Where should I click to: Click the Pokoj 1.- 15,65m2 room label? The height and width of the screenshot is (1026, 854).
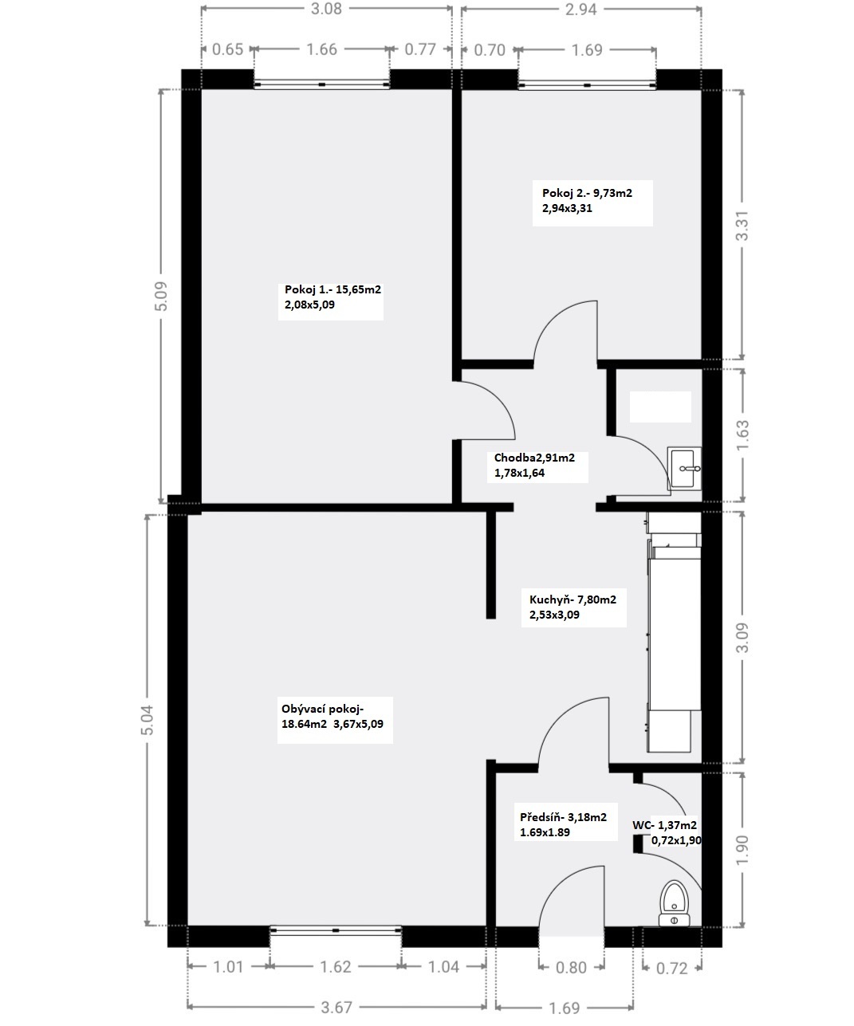click(x=333, y=289)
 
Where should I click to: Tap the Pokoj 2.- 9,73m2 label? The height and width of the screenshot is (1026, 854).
click(x=587, y=193)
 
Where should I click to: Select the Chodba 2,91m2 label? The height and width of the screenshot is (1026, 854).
click(x=534, y=458)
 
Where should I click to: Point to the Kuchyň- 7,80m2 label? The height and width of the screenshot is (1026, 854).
click(x=573, y=599)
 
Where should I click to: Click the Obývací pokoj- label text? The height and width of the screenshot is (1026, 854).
click(x=322, y=709)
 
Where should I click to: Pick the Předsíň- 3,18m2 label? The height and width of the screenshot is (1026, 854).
click(x=564, y=817)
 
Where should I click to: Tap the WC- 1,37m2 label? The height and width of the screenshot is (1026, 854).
click(x=665, y=826)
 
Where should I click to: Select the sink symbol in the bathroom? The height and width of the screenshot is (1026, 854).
click(x=684, y=468)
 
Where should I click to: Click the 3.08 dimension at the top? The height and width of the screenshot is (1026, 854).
click(x=326, y=9)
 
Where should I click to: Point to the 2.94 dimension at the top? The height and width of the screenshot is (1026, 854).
click(x=580, y=10)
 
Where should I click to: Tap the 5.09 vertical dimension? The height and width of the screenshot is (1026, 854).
click(x=161, y=297)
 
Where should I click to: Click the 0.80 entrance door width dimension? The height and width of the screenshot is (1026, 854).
click(x=571, y=968)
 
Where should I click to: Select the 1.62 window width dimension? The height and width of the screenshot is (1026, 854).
click(x=336, y=966)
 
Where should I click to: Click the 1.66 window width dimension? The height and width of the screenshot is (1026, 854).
click(x=321, y=49)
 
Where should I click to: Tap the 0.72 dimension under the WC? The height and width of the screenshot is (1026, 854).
click(x=671, y=968)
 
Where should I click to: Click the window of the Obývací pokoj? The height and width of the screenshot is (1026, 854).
click(x=336, y=930)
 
